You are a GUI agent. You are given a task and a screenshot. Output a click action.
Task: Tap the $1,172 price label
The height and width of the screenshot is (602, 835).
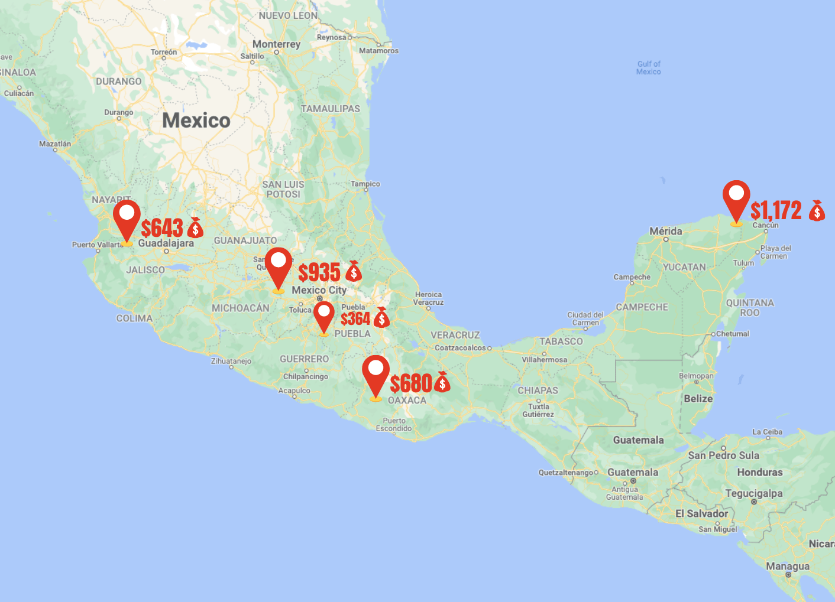coord(776,210)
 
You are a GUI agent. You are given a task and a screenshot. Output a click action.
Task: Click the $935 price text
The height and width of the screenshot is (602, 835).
coord(319,272)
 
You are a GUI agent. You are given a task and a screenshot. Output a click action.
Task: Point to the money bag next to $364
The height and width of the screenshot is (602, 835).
coord(382,318)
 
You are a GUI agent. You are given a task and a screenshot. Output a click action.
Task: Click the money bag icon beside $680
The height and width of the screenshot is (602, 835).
coord(442,382)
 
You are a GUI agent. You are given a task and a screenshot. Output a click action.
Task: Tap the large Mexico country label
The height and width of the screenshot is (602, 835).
coord(196,121)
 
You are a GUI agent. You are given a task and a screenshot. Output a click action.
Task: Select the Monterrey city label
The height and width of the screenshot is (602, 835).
coord(276,44)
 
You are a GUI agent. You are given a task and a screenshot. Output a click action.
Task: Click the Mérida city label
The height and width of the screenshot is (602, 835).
coord(665,231)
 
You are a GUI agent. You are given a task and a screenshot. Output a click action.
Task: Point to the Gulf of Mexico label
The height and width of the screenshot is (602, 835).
coord(648,68)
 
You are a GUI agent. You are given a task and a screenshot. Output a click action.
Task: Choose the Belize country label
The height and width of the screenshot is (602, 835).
coord(698,399)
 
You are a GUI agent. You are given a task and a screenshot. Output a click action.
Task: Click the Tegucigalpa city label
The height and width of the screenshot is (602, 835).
coord(753,493)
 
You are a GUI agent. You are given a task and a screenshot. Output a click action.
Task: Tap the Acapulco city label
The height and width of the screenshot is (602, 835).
coord(294,391)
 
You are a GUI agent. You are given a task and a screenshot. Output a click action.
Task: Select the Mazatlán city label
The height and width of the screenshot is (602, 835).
coord(55,144)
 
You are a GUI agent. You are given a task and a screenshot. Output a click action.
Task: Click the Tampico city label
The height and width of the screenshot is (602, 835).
coord(365,184)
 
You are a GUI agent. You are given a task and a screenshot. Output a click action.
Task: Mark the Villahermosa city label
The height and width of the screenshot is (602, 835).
coord(544,359)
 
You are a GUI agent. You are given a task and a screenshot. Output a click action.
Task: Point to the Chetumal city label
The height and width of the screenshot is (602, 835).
coord(732,334)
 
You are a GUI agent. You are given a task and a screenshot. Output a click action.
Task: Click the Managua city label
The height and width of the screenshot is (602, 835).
coord(787,567)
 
